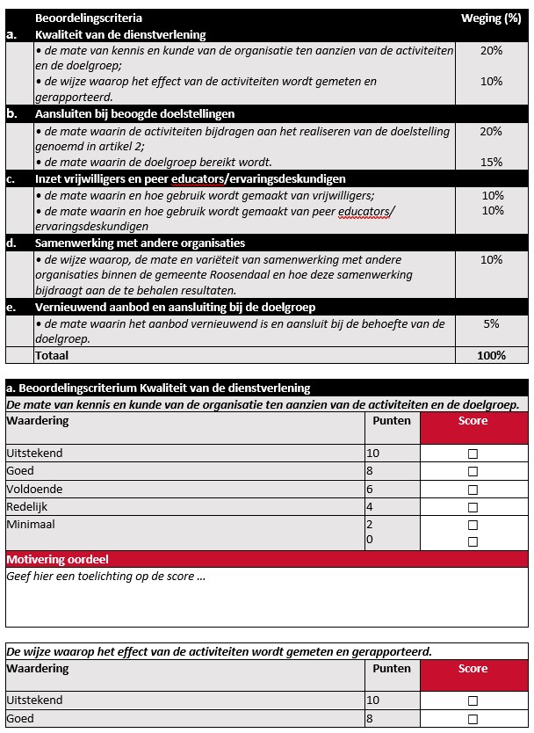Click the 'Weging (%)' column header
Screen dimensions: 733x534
pos(491,18)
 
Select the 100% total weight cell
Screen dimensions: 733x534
pos(491,355)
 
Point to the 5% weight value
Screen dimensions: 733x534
pos(491,323)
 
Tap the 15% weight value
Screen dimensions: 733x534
pos(491,162)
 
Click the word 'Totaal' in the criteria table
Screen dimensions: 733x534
pos(51,355)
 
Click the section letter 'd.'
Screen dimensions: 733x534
pos(12,243)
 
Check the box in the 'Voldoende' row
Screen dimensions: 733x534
pos(473,490)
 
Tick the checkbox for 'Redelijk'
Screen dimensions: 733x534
pos(473,507)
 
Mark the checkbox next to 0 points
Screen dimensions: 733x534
pos(473,541)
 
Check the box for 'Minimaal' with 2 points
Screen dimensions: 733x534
pos(473,525)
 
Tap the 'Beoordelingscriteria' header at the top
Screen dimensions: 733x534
pos(88,18)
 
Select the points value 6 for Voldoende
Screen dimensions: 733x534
pos(370,489)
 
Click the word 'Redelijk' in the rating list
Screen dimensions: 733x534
pos(28,507)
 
